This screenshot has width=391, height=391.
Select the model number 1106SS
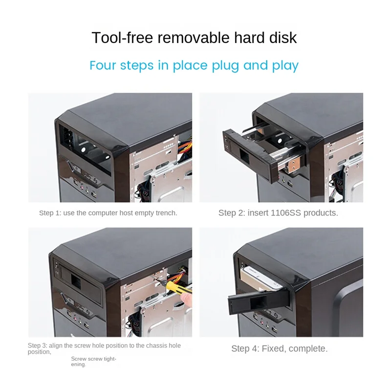point(283,213)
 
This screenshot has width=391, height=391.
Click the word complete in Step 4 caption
point(308,348)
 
